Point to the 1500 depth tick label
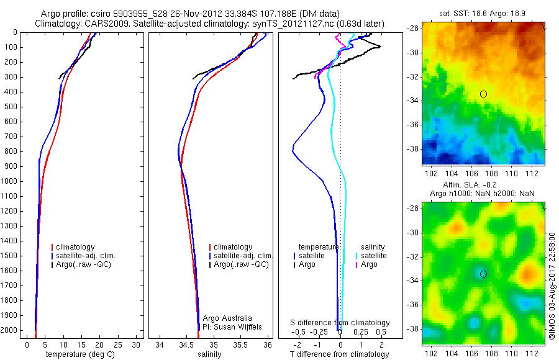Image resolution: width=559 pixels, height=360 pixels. (9, 256)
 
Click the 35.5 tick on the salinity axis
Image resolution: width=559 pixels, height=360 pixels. (240, 343)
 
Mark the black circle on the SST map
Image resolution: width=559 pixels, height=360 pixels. (483, 94)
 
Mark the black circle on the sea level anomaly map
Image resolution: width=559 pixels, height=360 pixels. (483, 274)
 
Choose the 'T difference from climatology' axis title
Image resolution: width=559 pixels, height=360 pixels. (340, 354)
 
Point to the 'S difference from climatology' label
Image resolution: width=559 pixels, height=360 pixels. (340, 323)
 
